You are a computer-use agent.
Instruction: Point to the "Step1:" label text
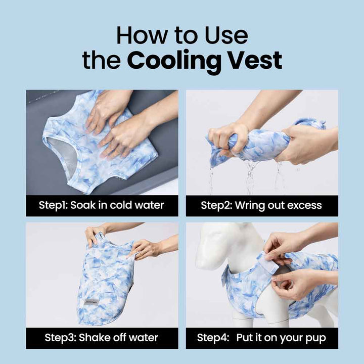[x=53, y=205]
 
